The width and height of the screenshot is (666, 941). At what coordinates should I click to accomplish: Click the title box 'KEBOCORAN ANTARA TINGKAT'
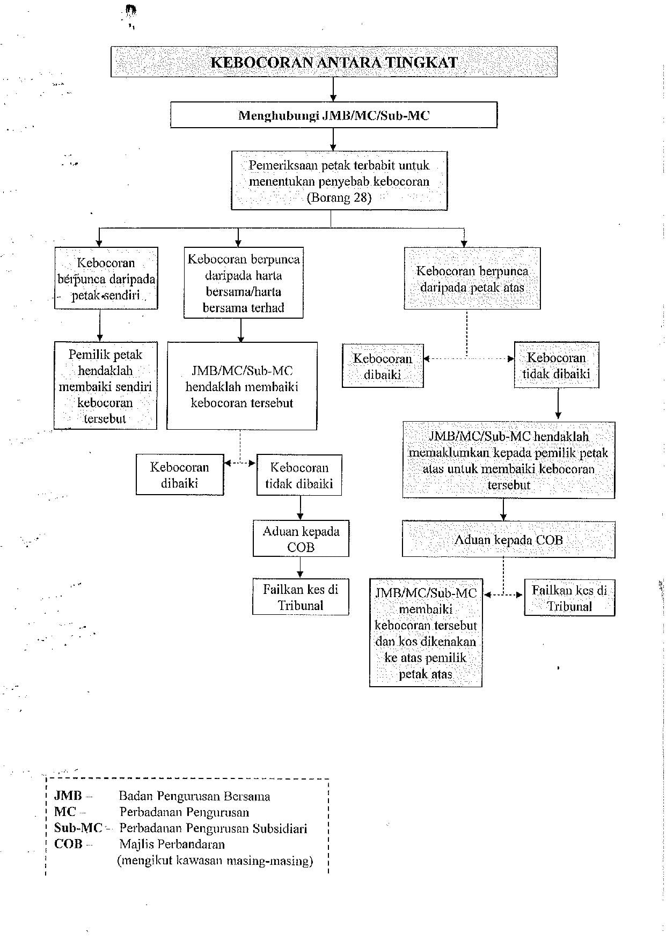click(334, 62)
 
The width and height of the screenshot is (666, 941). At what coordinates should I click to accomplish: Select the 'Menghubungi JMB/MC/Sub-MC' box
click(334, 115)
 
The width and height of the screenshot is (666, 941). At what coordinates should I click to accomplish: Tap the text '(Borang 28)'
click(339, 197)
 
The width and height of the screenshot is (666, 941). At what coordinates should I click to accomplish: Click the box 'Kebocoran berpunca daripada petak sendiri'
click(106, 278)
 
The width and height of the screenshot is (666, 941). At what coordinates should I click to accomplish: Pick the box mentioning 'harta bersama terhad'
click(243, 283)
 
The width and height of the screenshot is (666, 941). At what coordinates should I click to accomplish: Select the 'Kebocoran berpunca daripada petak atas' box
click(472, 278)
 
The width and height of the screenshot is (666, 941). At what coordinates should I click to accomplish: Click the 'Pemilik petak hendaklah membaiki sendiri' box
click(105, 385)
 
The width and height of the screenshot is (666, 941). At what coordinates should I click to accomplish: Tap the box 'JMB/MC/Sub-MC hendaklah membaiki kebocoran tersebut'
click(241, 386)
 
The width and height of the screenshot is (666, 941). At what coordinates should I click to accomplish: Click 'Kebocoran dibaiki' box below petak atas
click(383, 365)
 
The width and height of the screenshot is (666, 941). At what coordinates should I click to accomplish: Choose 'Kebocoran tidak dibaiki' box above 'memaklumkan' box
click(557, 365)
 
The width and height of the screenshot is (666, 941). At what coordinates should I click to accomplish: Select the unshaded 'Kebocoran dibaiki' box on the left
click(180, 474)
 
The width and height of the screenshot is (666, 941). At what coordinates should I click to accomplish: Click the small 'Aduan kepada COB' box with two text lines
click(301, 538)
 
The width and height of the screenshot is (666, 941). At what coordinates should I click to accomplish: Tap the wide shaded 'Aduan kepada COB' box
click(508, 539)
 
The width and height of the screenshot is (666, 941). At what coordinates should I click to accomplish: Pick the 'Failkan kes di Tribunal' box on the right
click(569, 597)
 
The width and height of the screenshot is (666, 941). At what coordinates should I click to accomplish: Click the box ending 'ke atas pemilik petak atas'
click(426, 633)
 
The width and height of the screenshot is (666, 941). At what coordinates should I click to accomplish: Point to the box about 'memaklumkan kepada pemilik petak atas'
click(508, 460)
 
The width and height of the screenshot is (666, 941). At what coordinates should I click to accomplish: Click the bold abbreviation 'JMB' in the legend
click(68, 796)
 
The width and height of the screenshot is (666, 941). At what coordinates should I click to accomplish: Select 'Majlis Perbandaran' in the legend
click(172, 844)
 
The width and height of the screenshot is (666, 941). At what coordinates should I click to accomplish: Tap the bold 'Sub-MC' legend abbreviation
click(78, 828)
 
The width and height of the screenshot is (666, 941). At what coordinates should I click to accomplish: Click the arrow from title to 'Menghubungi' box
click(333, 90)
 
